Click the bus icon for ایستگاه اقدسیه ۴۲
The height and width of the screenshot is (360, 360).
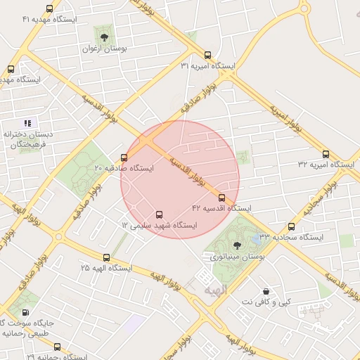pos(222,198)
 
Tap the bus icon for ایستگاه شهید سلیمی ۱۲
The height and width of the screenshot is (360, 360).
pos(159,214)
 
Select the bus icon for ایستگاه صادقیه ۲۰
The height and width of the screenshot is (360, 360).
pos(124,157)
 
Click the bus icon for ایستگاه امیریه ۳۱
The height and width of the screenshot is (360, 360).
pos(207,55)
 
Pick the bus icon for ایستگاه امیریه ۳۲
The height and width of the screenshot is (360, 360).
pos(326,154)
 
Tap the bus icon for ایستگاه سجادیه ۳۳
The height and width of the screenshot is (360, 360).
pos(292,226)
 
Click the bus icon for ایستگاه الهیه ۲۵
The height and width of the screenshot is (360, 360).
pos(106,258)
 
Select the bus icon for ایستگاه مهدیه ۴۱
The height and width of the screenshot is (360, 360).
pos(49,9)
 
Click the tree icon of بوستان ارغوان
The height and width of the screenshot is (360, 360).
pos(105,37)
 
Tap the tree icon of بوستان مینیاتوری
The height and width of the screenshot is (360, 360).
pos(236,245)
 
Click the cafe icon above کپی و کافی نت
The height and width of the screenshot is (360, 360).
pos(266,290)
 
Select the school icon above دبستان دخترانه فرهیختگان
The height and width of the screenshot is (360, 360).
pos(28,123)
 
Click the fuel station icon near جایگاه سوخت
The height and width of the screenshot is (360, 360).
pos(26,313)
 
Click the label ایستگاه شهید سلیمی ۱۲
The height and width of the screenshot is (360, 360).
pos(160,226)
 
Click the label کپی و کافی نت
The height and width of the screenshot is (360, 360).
pos(266,302)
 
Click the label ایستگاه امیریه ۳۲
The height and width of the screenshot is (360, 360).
pos(327,165)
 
